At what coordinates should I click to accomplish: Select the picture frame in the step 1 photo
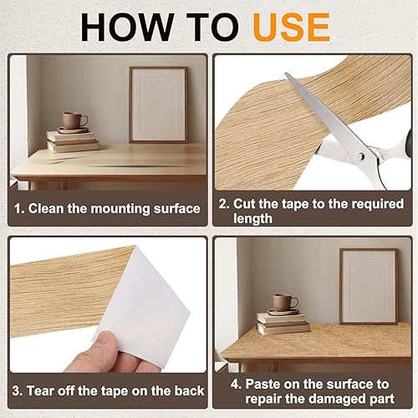pyautogui.click(x=157, y=104)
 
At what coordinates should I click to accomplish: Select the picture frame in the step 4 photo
pyautogui.click(x=368, y=285)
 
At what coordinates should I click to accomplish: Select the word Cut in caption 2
pyautogui.click(x=244, y=203)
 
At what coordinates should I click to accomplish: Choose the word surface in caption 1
pyautogui.click(x=171, y=208)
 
